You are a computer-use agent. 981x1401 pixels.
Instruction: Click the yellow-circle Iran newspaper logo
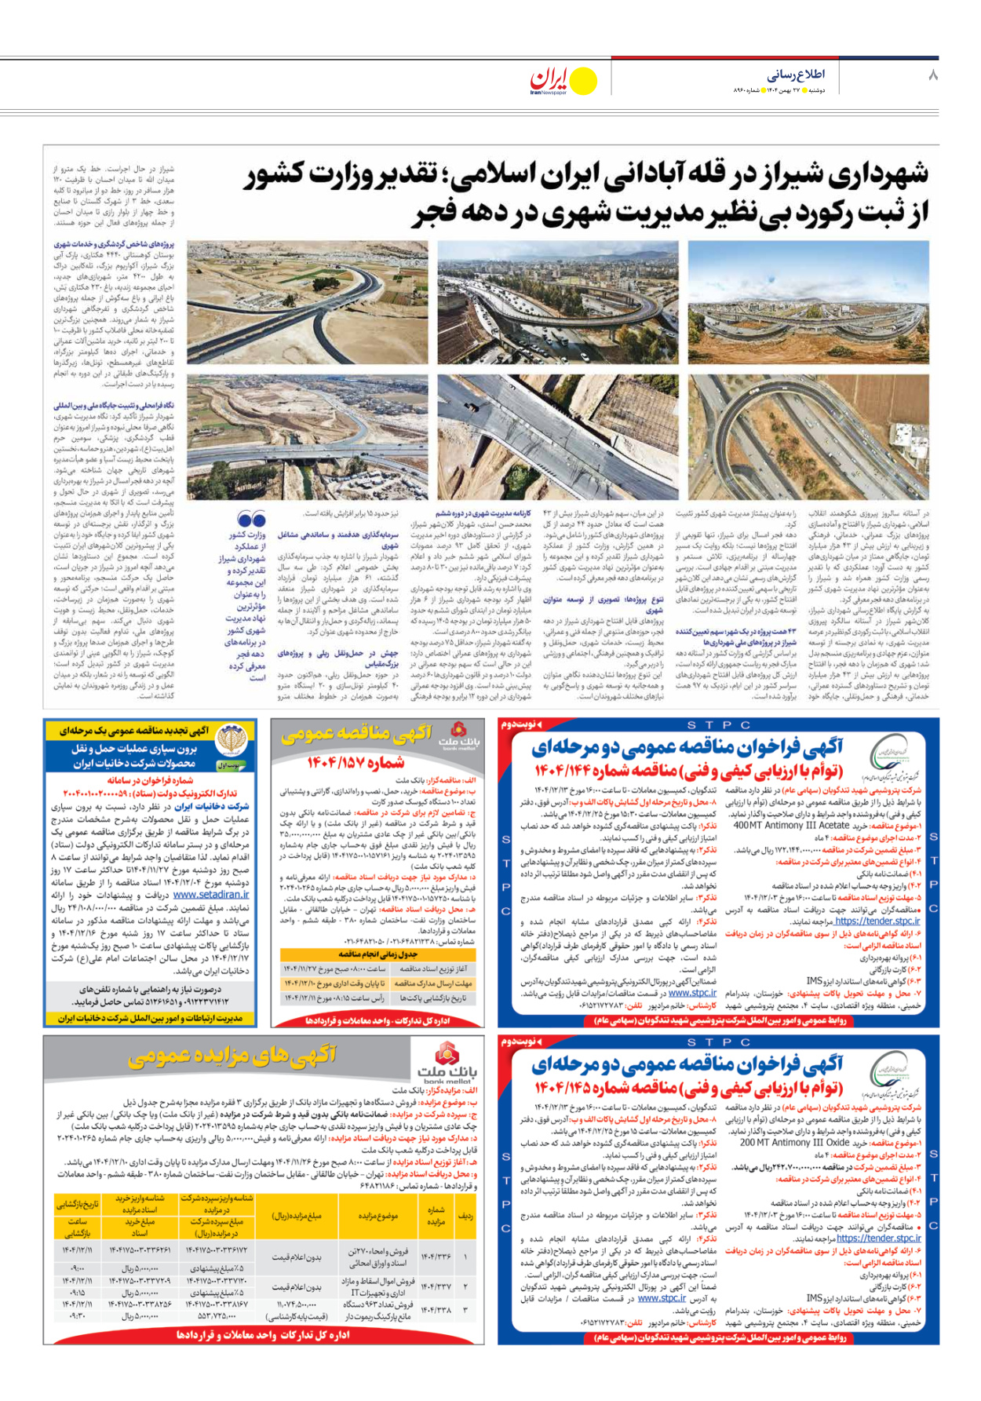click(564, 80)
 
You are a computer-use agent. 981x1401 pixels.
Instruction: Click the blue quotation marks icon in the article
click(251, 520)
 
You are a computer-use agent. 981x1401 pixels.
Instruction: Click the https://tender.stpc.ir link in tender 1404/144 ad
click(877, 921)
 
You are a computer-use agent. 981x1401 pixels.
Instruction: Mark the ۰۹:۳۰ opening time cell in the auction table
click(77, 1316)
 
